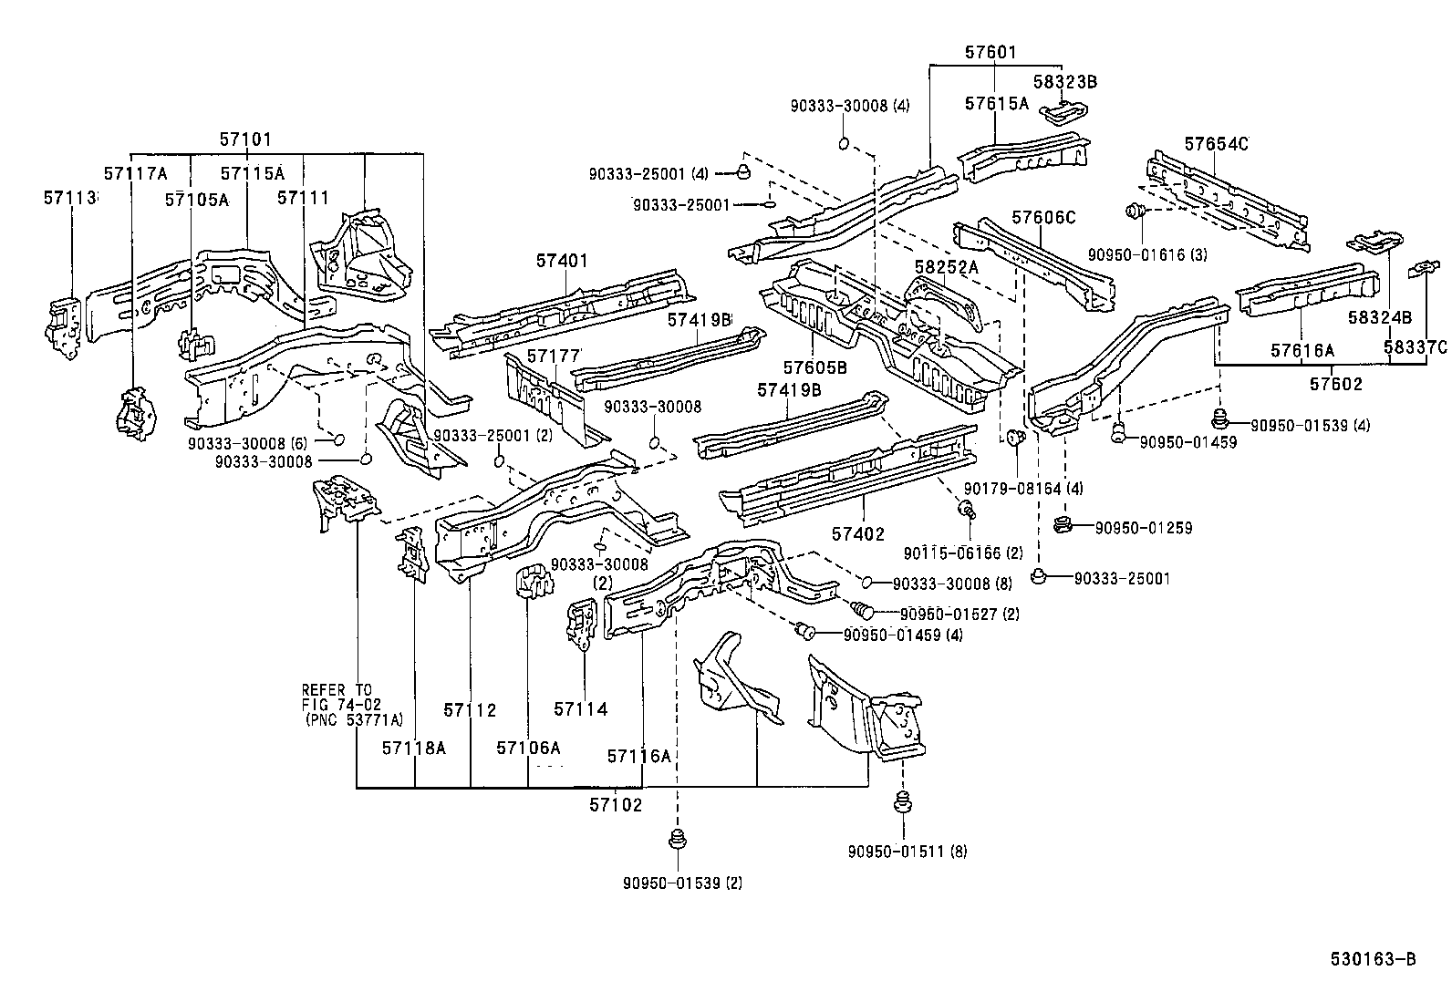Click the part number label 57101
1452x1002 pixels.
(x=245, y=139)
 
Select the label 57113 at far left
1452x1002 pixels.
(x=69, y=197)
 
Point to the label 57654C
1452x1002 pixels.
(x=1216, y=143)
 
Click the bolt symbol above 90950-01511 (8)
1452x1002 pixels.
(x=903, y=803)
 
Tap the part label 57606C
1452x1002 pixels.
(x=1043, y=218)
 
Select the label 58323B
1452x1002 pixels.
(x=1064, y=82)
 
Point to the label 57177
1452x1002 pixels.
(x=554, y=355)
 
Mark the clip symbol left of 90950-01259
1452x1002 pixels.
(x=1061, y=525)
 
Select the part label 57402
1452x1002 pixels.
(x=857, y=534)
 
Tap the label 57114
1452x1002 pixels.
(x=580, y=708)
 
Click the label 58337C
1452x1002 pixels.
(x=1414, y=347)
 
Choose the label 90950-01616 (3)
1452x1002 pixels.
(x=1147, y=254)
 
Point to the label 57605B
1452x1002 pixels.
(x=814, y=367)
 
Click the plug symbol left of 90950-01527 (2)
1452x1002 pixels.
(x=861, y=609)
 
